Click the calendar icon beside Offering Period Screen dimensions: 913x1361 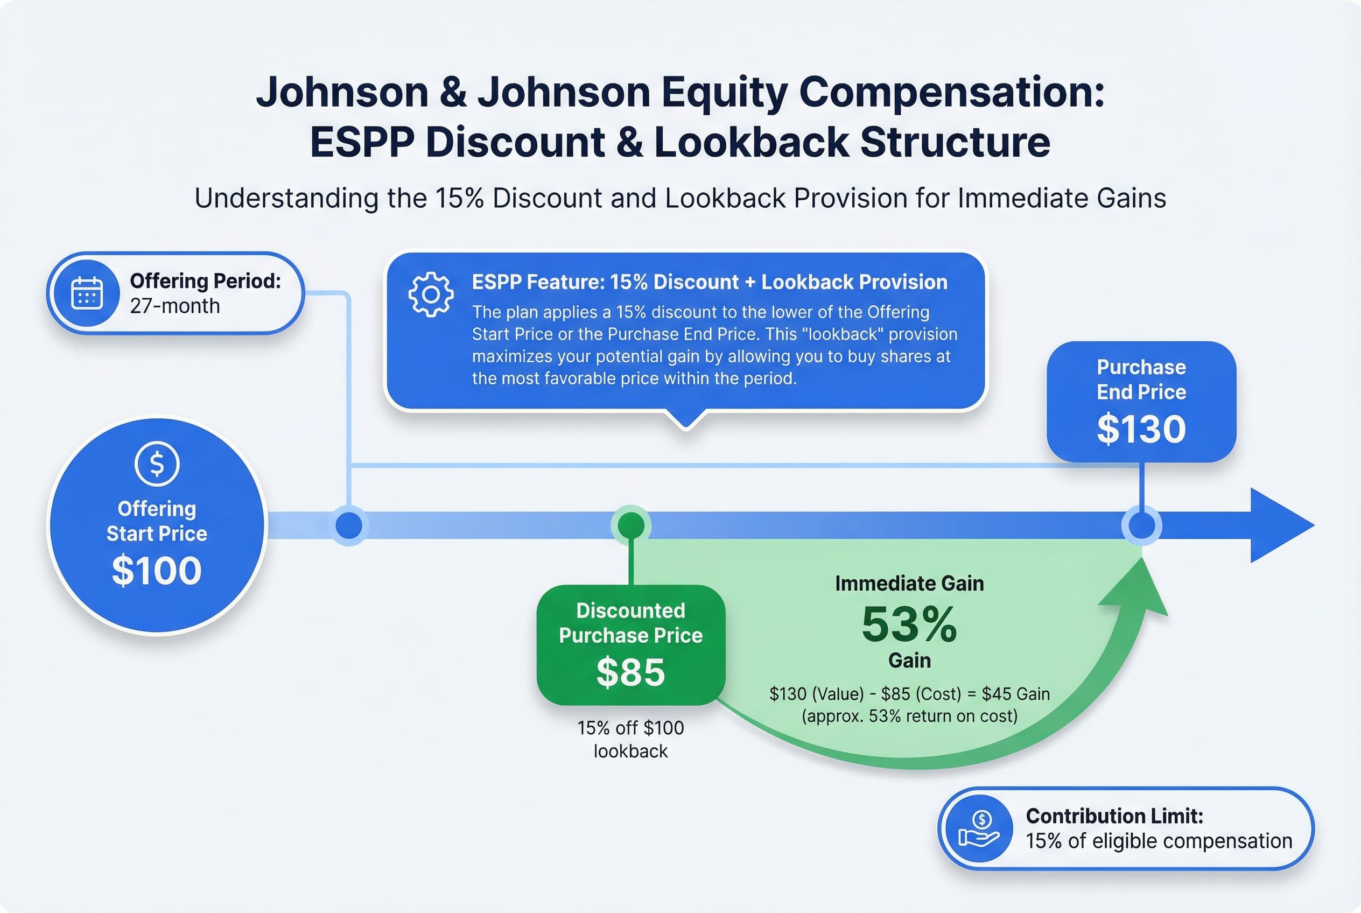coord(87,293)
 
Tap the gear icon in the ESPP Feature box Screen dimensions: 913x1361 coord(430,294)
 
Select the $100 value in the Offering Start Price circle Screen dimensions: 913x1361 coord(157,570)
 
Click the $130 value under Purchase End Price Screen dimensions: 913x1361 coord(1141,429)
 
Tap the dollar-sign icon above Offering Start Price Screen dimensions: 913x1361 coord(157,463)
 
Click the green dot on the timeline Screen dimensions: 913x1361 coord(631,525)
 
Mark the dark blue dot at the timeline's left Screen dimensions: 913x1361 coord(349,525)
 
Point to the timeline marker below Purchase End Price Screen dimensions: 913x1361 coord(1141,525)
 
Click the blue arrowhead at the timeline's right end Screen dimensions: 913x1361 coord(1278,525)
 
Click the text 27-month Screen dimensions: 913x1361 coord(175,306)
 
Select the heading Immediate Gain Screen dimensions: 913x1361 coord(909,584)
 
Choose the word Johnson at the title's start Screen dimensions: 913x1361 coord(342,92)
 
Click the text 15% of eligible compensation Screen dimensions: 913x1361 coord(1159,841)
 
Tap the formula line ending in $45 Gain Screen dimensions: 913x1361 coord(909,694)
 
